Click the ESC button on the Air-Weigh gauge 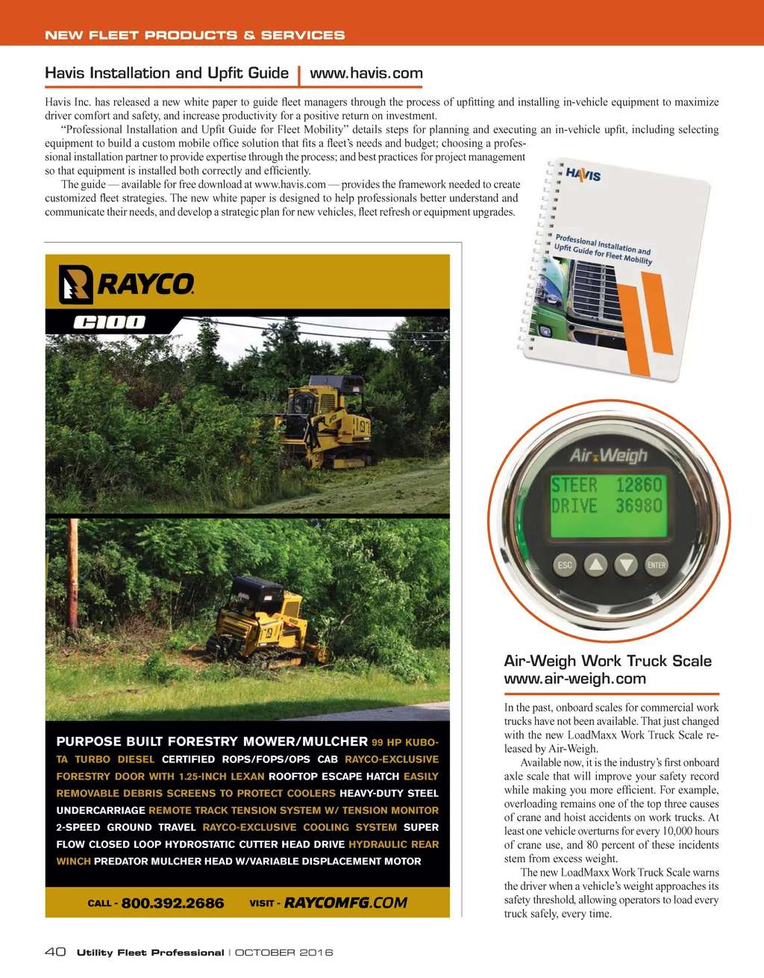565,565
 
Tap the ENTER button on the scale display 657,565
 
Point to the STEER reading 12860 639,485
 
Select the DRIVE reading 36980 639,506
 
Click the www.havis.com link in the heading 366,73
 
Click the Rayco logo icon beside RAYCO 75,284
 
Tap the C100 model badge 110,323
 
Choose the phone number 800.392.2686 172,903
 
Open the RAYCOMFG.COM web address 345,903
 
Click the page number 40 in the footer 55,952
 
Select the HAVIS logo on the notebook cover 583,175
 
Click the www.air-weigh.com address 574,679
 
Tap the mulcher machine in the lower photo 257,620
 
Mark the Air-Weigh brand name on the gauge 609,455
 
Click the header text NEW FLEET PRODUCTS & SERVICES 195,35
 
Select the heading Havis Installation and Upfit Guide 166,73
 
